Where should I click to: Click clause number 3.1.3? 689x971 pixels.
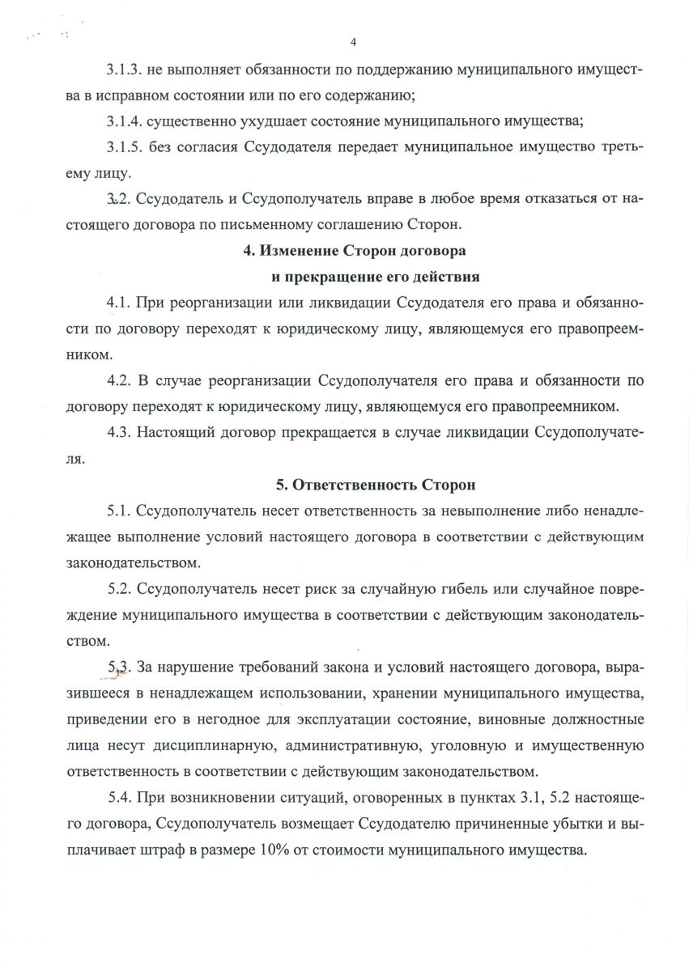point(124,71)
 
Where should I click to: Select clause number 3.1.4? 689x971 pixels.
point(124,121)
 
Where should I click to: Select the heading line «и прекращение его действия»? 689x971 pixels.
point(375,276)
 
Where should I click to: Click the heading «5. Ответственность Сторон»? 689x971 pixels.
point(376,485)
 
